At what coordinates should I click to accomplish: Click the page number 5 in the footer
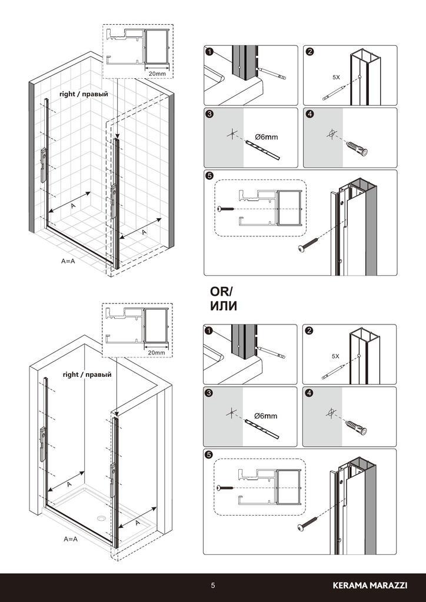click(213, 586)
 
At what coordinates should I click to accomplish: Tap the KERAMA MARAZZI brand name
click(370, 586)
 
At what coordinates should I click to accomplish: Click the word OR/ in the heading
click(221, 292)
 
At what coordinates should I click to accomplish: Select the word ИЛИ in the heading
click(223, 306)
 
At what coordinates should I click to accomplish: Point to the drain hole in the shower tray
click(101, 519)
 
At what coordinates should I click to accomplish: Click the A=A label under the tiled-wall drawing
click(68, 260)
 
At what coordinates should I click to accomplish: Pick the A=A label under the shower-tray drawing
click(71, 539)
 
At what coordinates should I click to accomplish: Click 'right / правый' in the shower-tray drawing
click(87, 374)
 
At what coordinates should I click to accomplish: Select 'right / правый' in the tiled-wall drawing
click(84, 94)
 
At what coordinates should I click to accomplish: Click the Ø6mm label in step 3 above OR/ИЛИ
click(266, 137)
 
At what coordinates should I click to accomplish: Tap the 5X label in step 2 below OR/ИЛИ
click(336, 356)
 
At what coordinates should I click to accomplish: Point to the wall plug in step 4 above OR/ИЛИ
click(357, 148)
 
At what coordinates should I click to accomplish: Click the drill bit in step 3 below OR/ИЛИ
click(262, 429)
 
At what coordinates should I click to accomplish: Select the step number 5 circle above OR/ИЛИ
click(209, 176)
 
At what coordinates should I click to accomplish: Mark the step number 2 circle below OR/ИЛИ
click(308, 330)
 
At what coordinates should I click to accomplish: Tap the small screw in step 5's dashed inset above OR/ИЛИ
click(226, 209)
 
